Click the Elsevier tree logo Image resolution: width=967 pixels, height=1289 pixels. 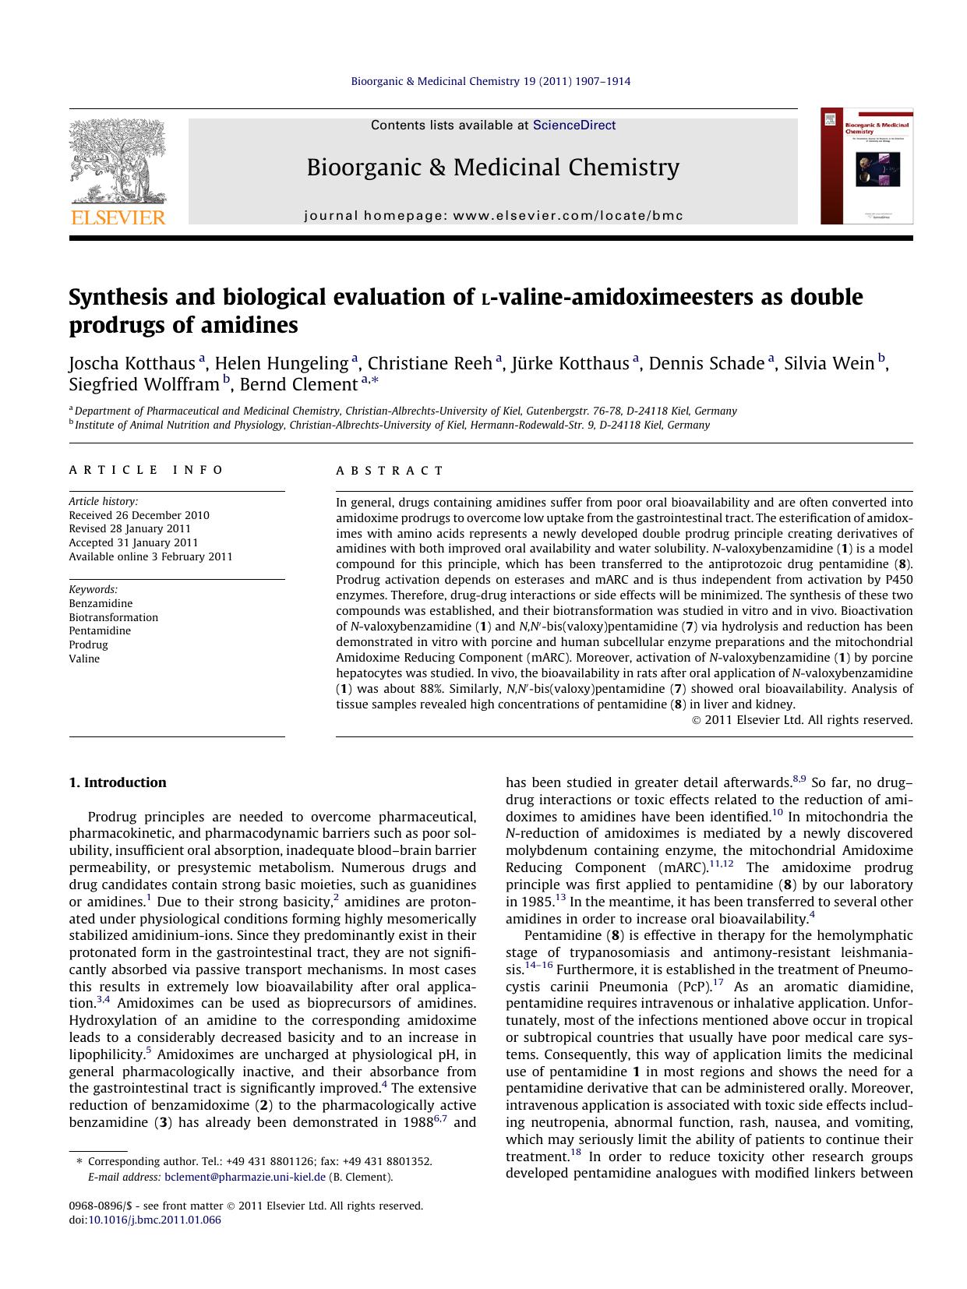[117, 161]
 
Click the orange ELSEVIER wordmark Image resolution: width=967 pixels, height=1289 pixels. [118, 217]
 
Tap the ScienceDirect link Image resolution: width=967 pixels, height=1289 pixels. [573, 125]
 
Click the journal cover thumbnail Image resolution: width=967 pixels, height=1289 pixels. [866, 166]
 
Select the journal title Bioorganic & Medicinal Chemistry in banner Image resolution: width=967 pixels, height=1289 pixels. [492, 168]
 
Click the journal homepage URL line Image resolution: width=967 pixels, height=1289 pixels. [493, 216]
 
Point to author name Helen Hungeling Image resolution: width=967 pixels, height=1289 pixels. [281, 364]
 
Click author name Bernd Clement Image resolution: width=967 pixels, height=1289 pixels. [298, 385]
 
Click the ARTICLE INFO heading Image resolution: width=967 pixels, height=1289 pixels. [146, 470]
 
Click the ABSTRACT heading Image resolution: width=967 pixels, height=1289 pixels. [390, 471]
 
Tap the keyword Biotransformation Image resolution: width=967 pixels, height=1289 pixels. [113, 617]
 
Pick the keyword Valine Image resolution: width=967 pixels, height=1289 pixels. [84, 659]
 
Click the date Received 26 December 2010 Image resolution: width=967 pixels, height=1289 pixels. [139, 515]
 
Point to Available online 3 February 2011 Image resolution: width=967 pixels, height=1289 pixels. [150, 556]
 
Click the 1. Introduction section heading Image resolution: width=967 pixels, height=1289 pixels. [118, 782]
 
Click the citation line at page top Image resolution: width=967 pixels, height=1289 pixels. [491, 81]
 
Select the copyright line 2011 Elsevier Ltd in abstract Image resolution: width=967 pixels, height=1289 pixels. [803, 720]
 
